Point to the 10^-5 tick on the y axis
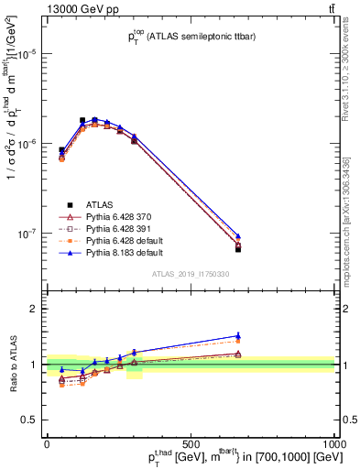[x=28, y=54]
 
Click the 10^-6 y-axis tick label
[x=28, y=144]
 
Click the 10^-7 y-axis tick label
[x=28, y=234]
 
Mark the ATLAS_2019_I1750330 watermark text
[x=191, y=274]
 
